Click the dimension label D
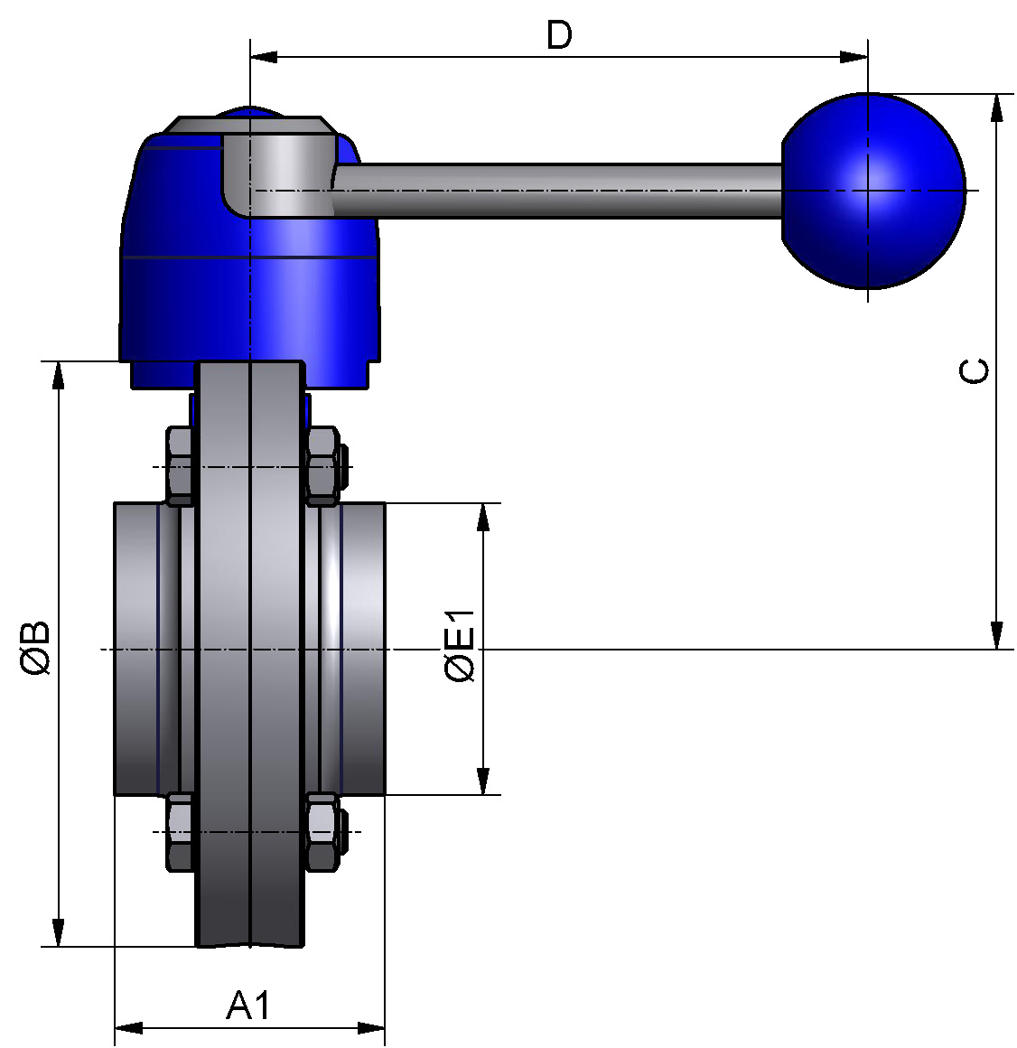pyautogui.click(x=559, y=35)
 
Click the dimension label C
pyautogui.click(x=975, y=370)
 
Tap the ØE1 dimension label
pyautogui.click(x=460, y=647)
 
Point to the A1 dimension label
pyautogui.click(x=247, y=1006)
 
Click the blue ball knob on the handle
pyautogui.click(x=872, y=191)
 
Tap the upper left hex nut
pyautogui.click(x=181, y=465)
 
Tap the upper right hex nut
pyautogui.click(x=322, y=465)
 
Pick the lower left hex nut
pyautogui.click(x=181, y=831)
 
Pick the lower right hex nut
pyautogui.click(x=322, y=831)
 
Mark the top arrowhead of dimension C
pyautogui.click(x=996, y=106)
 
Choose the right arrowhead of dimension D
pyautogui.click(x=854, y=57)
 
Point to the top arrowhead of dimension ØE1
pyautogui.click(x=483, y=517)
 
